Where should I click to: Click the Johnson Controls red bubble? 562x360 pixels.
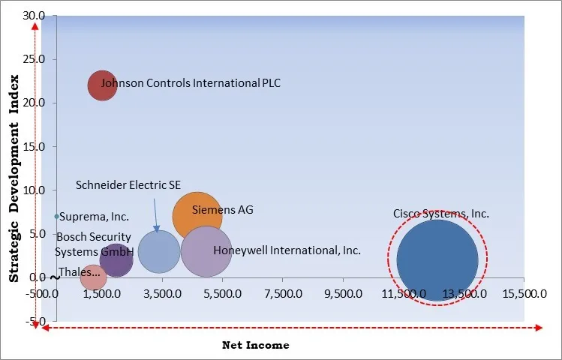(x=102, y=85)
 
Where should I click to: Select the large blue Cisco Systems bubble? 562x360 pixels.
(x=437, y=260)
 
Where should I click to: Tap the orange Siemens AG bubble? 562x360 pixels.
(x=197, y=217)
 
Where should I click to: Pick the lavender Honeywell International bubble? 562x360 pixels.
(x=206, y=252)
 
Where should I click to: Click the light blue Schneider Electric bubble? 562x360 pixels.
(x=158, y=252)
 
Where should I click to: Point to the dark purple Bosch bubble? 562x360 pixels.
(x=116, y=260)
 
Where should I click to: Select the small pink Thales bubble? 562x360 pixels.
(x=93, y=277)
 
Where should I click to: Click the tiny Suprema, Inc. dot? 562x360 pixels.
(x=56, y=217)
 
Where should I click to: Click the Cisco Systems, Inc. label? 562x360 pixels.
(x=441, y=214)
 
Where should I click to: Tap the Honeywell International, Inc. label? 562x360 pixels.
(x=287, y=250)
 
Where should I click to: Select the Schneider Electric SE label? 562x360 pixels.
(x=128, y=185)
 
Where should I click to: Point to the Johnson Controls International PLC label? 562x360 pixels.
(x=191, y=83)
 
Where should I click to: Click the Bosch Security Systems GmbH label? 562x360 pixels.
(x=94, y=244)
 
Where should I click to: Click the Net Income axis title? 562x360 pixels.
(x=255, y=345)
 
